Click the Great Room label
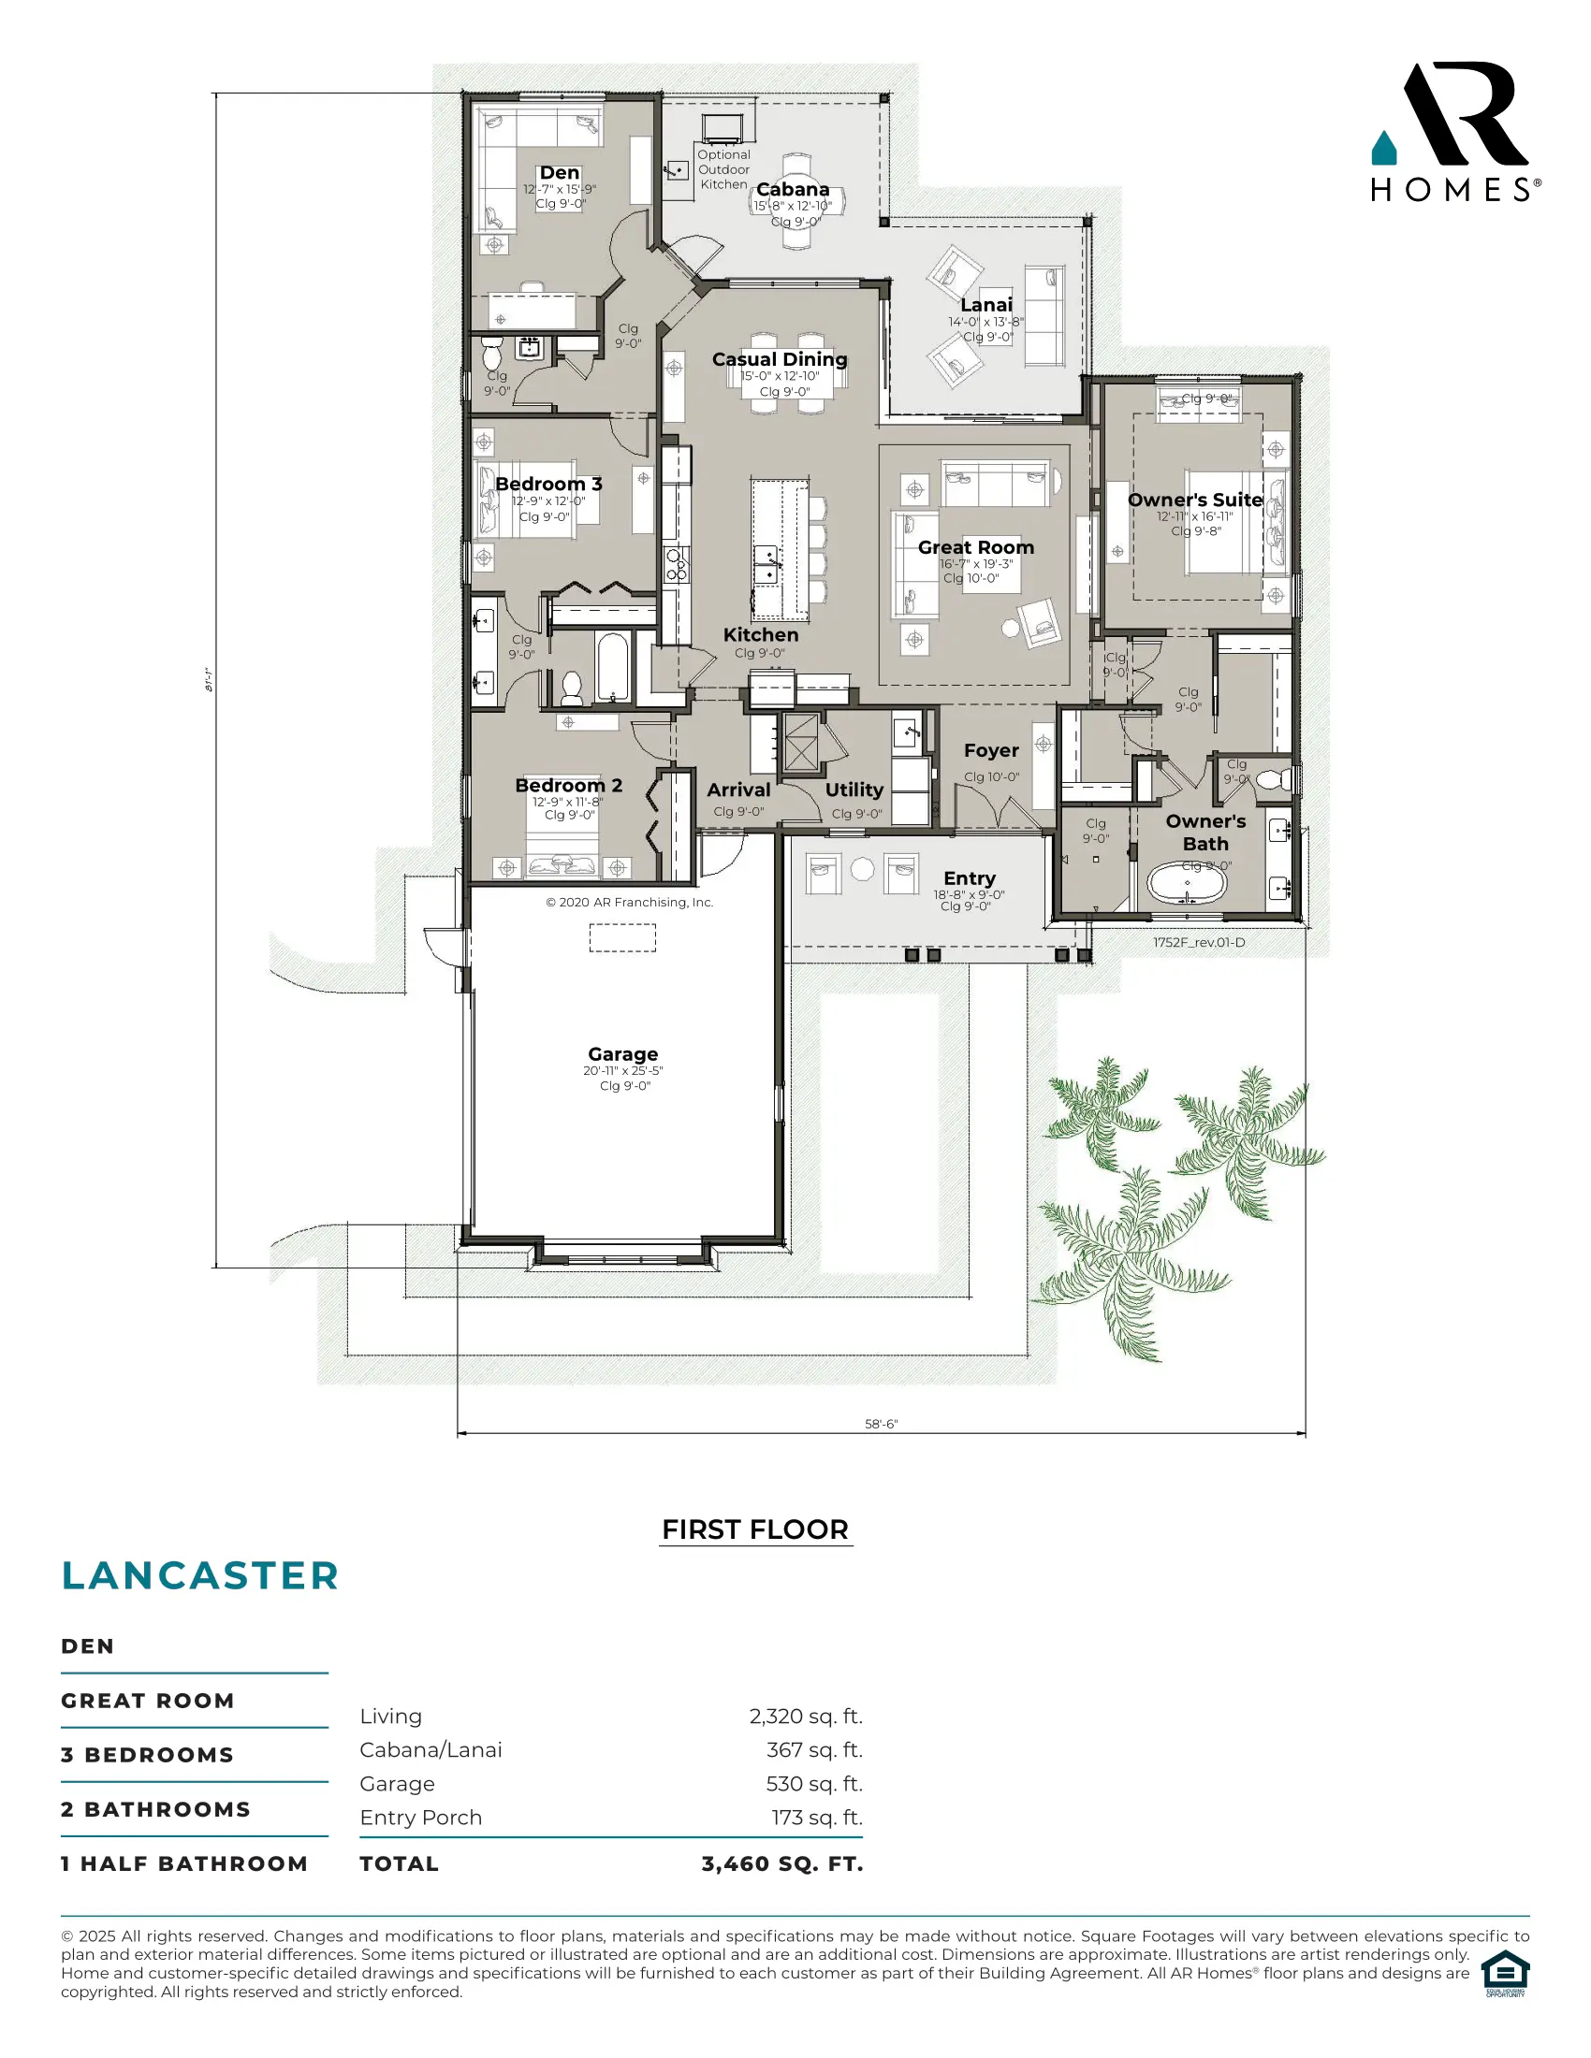click(975, 547)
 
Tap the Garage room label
click(622, 1053)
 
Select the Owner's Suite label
click(1194, 500)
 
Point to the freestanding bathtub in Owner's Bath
click(1187, 884)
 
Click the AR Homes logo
click(1454, 132)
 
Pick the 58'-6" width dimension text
click(881, 1424)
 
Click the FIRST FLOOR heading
click(755, 1529)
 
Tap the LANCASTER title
click(200, 1575)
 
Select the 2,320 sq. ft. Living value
click(806, 1716)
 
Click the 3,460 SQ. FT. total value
click(781, 1863)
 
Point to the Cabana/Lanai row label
click(431, 1750)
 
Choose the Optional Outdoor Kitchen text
click(723, 169)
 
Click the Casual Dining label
click(779, 359)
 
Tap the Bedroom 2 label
click(568, 785)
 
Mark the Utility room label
click(854, 790)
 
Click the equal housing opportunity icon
click(1504, 1973)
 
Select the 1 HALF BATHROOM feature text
click(184, 1863)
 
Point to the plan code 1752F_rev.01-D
click(1199, 942)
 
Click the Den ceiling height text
click(560, 204)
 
